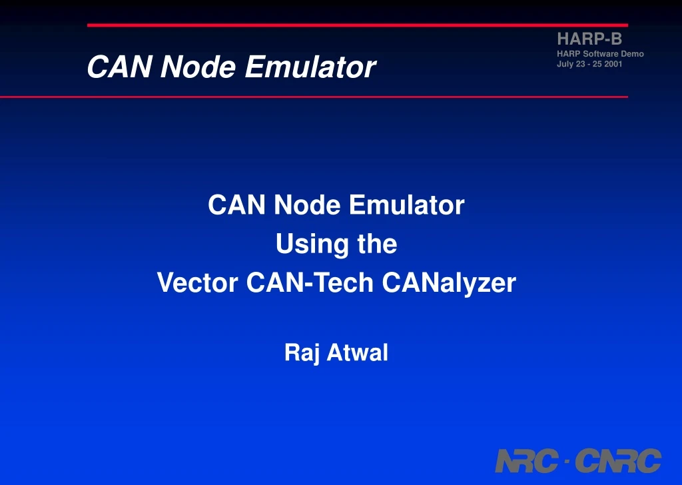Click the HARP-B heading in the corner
tap(589, 39)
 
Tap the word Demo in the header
tap(632, 53)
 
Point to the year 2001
tap(613, 64)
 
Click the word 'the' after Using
tap(377, 244)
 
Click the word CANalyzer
tap(449, 283)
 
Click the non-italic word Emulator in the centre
tap(406, 205)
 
